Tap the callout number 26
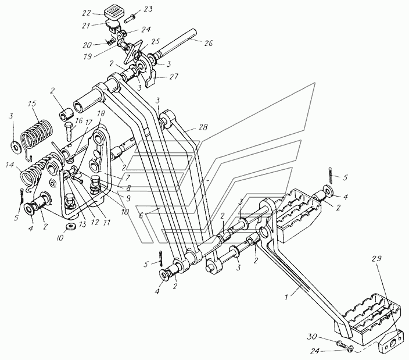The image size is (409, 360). click(x=208, y=43)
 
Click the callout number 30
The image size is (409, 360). click(x=311, y=337)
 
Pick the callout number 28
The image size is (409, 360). click(x=203, y=127)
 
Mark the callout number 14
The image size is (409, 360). click(x=9, y=165)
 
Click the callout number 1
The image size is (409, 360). click(x=286, y=297)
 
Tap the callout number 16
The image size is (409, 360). click(x=78, y=120)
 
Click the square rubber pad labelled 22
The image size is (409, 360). click(x=113, y=11)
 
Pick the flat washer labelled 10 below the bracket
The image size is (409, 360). click(x=70, y=226)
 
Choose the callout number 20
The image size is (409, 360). click(x=87, y=45)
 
